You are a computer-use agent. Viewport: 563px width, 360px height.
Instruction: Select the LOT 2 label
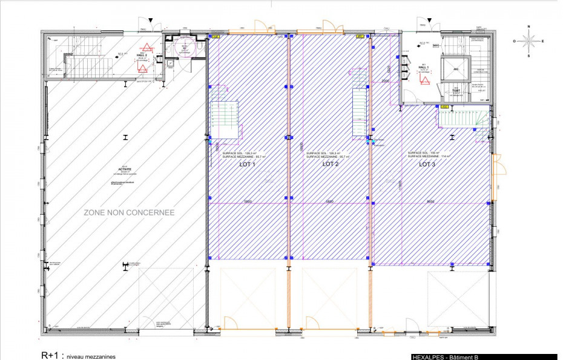(330, 164)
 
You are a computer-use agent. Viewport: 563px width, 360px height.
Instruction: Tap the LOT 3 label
(427, 164)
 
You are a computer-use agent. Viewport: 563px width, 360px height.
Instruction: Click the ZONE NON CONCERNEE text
(129, 212)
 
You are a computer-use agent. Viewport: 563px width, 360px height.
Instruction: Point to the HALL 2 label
(142, 54)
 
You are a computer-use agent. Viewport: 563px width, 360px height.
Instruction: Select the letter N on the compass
(528, 27)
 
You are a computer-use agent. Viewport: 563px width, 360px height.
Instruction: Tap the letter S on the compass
(528, 56)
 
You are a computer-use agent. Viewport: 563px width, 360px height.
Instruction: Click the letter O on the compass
(515, 41)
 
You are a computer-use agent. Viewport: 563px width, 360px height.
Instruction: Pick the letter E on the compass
(542, 41)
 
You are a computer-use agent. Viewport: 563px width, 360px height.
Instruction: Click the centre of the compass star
(528, 41)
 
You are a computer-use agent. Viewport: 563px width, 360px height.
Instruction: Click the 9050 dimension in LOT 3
(430, 201)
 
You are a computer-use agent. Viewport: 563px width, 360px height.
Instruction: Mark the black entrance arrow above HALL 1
(429, 21)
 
